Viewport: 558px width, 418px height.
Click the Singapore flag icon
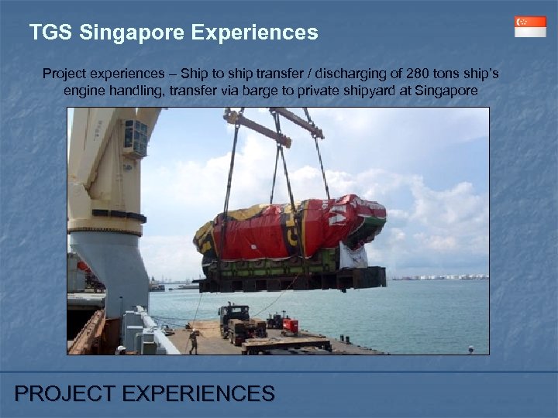530,26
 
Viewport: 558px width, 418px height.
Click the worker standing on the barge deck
193,341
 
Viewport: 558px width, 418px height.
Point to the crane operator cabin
133,138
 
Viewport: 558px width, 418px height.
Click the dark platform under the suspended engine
294,276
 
